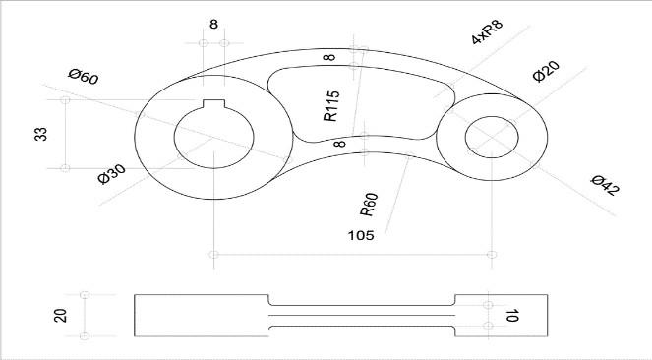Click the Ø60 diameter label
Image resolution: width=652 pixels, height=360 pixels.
pos(84,77)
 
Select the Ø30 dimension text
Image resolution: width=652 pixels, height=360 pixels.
pos(111,174)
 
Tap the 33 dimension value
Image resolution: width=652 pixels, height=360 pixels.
pos(40,134)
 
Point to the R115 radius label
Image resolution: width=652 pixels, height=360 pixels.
pos(331,106)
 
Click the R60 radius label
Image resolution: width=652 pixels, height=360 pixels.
pos(369,205)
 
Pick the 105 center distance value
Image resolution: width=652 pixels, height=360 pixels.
pos(361,236)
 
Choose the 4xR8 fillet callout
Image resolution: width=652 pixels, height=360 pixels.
pos(488,31)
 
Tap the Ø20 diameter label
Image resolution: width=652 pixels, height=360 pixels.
pos(546,71)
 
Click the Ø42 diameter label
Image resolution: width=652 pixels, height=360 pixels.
pos(606,185)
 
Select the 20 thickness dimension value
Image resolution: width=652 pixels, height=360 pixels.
pos(60,315)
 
